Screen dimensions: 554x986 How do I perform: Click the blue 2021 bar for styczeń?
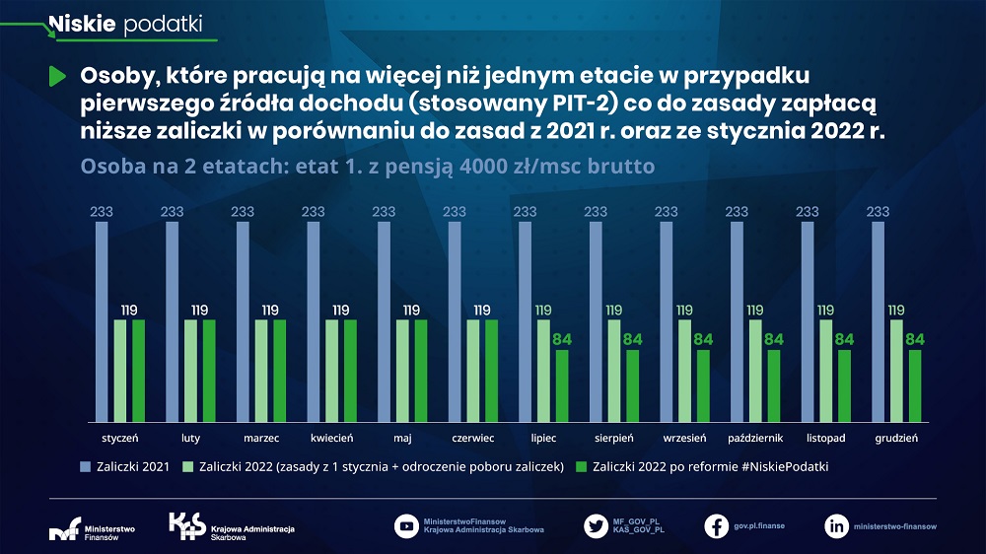[102, 321]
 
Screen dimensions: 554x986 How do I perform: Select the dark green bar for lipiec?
[562, 385]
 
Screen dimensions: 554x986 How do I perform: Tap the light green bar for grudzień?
[896, 371]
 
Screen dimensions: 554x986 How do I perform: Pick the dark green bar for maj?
[421, 371]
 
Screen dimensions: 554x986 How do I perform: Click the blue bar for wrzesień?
[666, 321]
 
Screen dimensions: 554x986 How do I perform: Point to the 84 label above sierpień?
[633, 340]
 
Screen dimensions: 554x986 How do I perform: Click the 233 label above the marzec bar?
[243, 212]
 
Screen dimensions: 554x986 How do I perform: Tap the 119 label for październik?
[755, 310]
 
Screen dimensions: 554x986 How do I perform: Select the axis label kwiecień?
[331, 437]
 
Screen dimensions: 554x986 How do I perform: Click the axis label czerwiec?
[472, 437]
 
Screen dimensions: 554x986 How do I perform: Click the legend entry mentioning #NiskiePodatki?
[702, 466]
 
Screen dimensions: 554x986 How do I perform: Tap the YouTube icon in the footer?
[405, 525]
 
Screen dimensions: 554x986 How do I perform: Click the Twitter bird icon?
[595, 525]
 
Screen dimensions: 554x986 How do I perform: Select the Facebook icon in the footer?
[717, 525]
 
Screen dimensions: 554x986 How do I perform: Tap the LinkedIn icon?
[836, 525]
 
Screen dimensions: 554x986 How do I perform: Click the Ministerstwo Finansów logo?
[93, 528]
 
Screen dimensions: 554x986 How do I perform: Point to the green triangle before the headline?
[56, 77]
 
